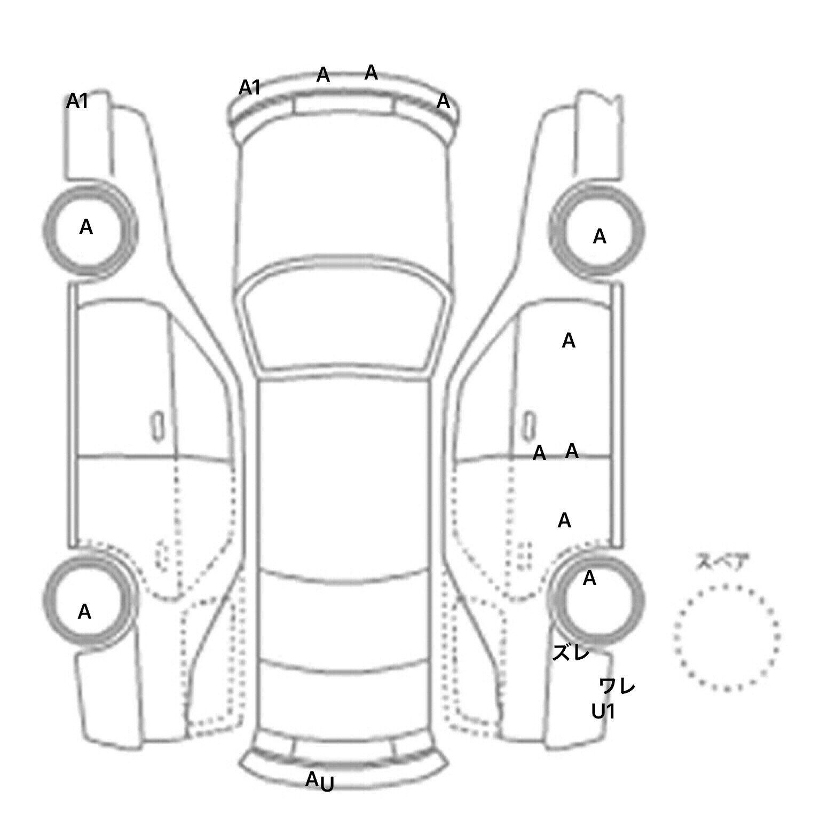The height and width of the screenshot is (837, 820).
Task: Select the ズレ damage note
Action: coord(571,652)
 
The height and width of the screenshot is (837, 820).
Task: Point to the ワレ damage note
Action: coord(617,685)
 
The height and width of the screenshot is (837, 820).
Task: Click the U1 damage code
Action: coord(603,712)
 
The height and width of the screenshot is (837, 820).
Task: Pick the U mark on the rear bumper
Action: coord(327,784)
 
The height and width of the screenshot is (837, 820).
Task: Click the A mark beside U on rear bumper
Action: coord(312,779)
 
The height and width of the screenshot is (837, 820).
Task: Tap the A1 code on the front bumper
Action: coord(249,88)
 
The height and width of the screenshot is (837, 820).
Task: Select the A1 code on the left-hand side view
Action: coord(77,101)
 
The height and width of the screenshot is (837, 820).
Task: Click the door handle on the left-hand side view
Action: coord(157,426)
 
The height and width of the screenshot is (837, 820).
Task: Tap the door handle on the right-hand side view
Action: coord(529,426)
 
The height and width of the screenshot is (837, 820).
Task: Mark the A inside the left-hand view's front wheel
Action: coord(85,227)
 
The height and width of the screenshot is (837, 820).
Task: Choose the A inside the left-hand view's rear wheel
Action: coord(84,612)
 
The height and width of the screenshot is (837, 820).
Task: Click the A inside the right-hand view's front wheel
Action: coord(600,236)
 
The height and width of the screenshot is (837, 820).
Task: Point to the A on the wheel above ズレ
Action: coord(589,578)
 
